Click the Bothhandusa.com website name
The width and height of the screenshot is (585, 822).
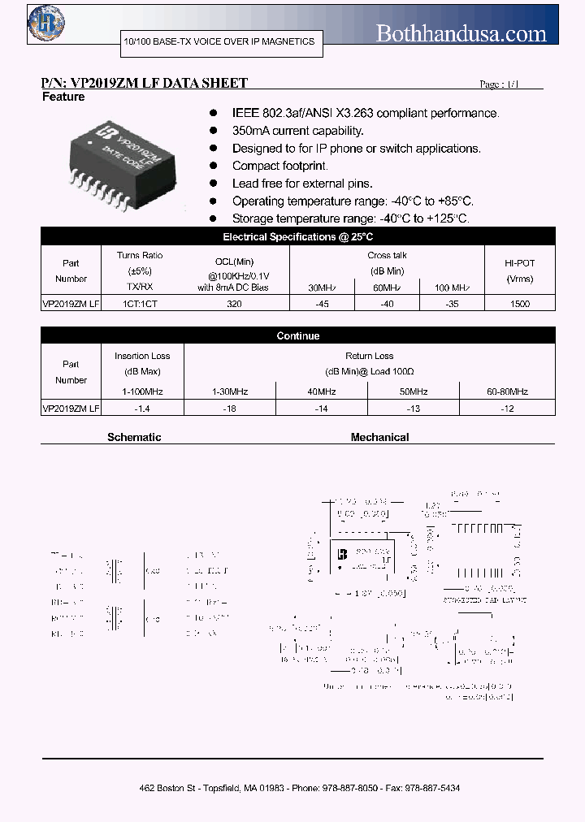461,32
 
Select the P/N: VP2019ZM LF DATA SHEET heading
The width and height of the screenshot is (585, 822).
144,83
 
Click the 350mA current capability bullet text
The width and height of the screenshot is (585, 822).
297,131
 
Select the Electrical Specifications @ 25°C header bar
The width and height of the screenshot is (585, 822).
297,237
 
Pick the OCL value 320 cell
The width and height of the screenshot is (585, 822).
235,304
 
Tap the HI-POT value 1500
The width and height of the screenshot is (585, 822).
519,304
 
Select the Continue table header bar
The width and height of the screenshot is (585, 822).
297,335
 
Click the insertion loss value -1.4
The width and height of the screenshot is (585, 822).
143,409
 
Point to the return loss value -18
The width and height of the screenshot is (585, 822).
229,409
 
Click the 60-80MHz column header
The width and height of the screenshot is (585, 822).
508,392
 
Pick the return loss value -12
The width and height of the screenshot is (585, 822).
508,409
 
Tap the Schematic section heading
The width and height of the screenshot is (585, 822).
134,437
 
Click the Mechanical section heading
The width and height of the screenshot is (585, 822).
379,437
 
